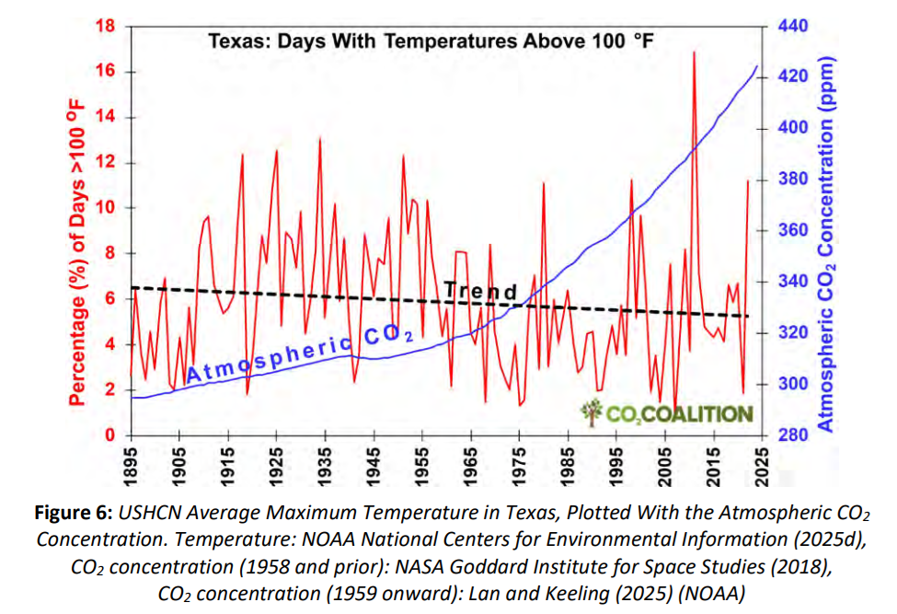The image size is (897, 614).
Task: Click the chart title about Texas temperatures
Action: pyautogui.click(x=430, y=41)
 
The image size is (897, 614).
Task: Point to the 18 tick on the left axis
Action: pyautogui.click(x=108, y=27)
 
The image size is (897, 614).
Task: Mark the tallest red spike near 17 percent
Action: pyautogui.click(x=694, y=52)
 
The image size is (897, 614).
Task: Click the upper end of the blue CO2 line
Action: pyautogui.click(x=756, y=66)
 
